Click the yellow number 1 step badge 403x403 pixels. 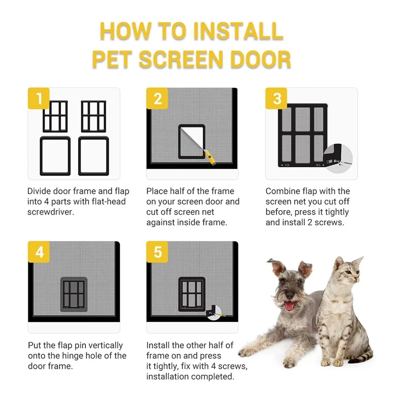pos(39,98)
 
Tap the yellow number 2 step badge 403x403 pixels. pos(157,98)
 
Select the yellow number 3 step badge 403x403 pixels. pos(276,98)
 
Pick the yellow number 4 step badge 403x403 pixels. pos(39,252)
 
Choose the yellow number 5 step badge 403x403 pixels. pos(157,252)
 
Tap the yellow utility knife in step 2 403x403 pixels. pos(210,157)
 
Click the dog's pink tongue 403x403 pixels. pos(290,306)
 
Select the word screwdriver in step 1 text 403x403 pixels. pos(51,212)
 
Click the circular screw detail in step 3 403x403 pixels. pos(338,158)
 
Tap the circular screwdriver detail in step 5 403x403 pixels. pos(215,312)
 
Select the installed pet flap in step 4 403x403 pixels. pos(74,295)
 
